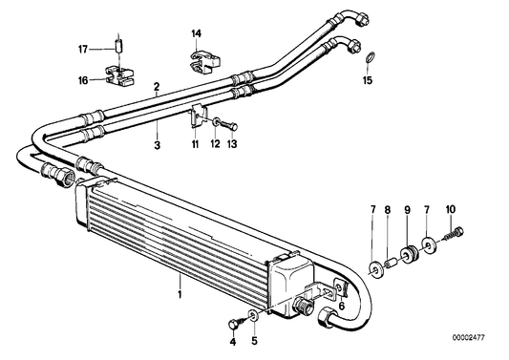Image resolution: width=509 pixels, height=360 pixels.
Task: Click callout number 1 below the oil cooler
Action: [x=180, y=283]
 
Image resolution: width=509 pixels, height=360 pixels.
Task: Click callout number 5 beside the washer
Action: [x=255, y=340]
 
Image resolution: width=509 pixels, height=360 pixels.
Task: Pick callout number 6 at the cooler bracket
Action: [x=341, y=307]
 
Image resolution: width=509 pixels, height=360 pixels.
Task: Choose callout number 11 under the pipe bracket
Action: [x=195, y=143]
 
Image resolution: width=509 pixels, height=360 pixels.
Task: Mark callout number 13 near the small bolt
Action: [x=234, y=143]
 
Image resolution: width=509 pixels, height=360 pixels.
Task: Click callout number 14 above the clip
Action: [x=196, y=35]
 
